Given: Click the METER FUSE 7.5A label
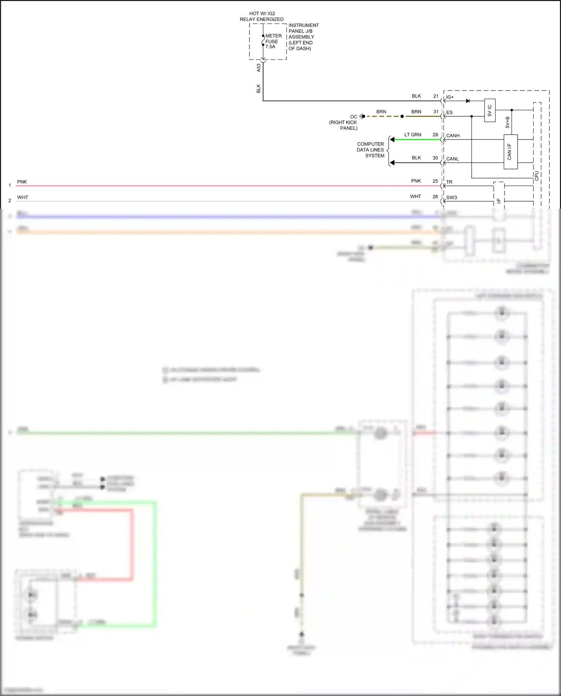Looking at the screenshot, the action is coord(273,41).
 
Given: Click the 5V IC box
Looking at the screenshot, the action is coord(490,110).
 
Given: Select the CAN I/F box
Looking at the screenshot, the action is coord(510,151).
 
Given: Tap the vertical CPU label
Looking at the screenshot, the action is coord(537,176).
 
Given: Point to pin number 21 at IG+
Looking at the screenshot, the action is coord(436,96).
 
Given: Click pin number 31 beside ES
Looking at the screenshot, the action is coord(436,112).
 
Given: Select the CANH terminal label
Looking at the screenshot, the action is coord(453,136).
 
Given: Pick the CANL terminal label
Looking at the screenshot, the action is coord(452,159).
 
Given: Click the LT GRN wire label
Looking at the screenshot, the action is coord(413,135).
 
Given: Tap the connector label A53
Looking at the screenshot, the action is coord(258,68).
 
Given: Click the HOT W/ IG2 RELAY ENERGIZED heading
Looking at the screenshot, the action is coord(262,16).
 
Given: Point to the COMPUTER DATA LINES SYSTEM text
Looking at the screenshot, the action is coord(370,150).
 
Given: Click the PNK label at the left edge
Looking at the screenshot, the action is coord(22,182).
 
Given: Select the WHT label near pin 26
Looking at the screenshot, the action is coord(415,196).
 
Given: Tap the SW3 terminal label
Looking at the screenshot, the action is coord(451,197).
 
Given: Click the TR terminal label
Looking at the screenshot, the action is coord(449,182).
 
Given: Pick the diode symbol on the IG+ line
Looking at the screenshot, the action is coord(467,101).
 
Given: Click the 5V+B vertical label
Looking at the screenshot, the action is coord(508,122).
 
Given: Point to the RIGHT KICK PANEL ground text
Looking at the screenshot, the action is coord(343,125).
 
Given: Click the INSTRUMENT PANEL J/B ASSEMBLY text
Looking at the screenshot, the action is coord(303,37).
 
